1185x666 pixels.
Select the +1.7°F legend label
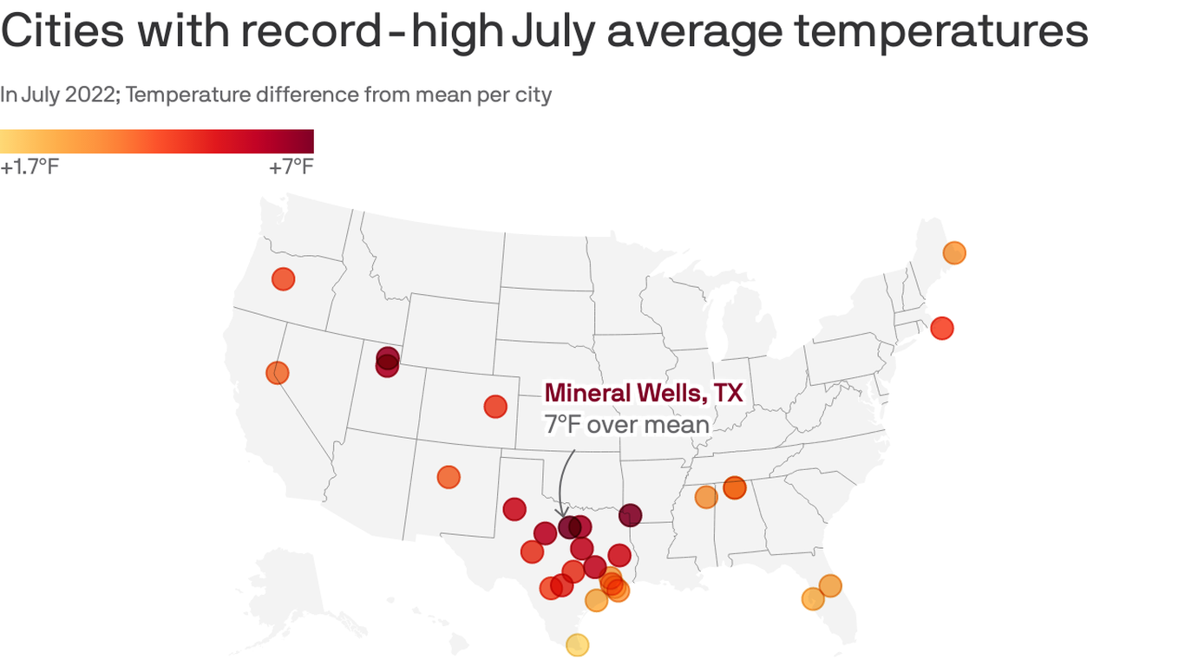(x=29, y=166)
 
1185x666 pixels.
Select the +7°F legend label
(x=291, y=166)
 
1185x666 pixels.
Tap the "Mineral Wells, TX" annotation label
(x=643, y=393)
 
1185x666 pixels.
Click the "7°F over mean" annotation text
(x=626, y=424)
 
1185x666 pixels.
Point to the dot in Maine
(x=954, y=253)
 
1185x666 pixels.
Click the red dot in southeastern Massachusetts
(x=942, y=329)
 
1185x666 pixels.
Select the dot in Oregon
(x=284, y=279)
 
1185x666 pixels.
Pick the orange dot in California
(x=278, y=373)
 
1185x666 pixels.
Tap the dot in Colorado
(x=495, y=406)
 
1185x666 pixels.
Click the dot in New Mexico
(x=448, y=477)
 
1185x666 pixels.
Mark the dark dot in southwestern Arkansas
(x=631, y=515)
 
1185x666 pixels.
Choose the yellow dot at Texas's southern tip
(x=578, y=644)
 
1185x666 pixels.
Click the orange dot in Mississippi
(x=706, y=497)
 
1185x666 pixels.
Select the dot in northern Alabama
(x=735, y=487)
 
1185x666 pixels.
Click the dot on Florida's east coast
(x=830, y=586)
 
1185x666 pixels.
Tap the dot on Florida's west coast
(x=813, y=599)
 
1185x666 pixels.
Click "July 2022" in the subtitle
(x=66, y=95)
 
